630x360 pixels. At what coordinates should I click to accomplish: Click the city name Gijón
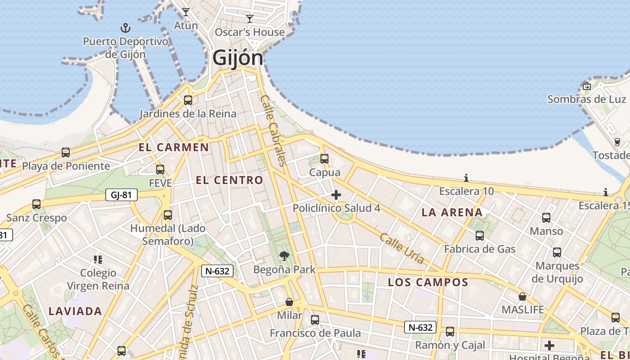coord(238,58)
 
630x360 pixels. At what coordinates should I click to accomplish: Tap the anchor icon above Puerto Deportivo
coord(126,28)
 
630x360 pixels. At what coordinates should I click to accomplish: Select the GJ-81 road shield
coord(121,195)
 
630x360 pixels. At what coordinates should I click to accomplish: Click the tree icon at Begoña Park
coord(284,256)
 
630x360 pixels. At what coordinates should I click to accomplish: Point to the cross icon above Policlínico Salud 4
coord(336,195)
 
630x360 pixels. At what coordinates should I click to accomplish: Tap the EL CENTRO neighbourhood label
coord(229,180)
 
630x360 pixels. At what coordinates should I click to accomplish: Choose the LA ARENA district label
coord(452,212)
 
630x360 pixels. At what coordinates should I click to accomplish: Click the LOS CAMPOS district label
coord(428,282)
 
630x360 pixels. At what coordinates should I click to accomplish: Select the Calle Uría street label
coord(402,248)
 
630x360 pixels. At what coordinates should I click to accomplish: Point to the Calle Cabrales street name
coord(274,130)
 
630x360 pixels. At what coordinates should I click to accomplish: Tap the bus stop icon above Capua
coord(324,159)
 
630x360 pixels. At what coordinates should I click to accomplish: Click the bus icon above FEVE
coord(160,170)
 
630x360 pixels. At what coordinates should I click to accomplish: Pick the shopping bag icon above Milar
coord(289,301)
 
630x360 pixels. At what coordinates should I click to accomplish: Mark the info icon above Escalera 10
coord(466,178)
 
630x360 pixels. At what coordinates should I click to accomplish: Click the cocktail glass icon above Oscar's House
coord(250,19)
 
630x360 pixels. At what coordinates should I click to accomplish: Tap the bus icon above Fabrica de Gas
coord(480,235)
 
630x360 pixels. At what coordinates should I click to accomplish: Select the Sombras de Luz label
coord(586,99)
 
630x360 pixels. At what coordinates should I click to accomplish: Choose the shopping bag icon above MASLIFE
coord(522,297)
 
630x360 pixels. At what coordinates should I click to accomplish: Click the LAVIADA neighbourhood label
coord(75,311)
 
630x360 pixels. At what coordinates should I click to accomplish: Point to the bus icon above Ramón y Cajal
coord(450,332)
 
